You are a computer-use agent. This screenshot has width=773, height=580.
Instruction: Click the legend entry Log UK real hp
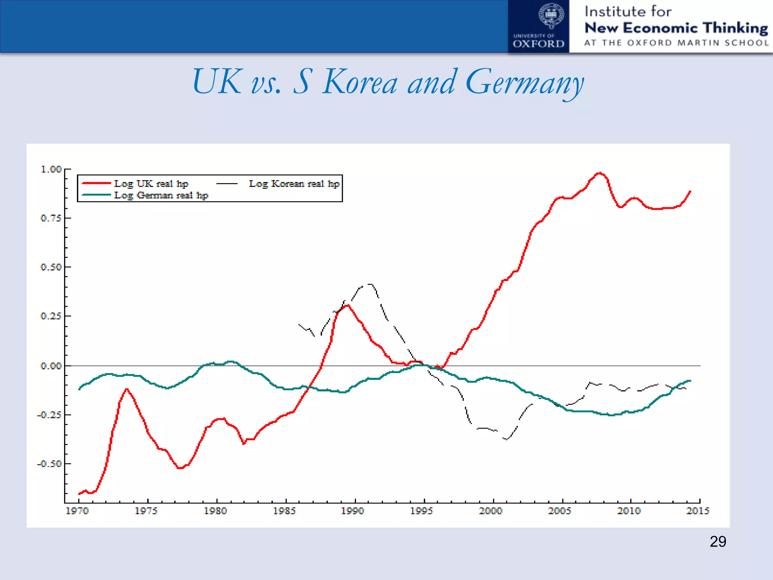pos(151,184)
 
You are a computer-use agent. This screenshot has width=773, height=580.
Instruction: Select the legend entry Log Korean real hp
pos(294,184)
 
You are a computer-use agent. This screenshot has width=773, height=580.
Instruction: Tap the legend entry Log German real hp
pos(161,195)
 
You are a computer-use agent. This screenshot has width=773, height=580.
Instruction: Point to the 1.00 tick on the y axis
pos(51,169)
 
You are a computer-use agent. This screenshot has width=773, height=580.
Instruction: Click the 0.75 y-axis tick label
pos(51,218)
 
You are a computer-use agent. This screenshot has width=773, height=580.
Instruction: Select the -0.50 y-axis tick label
pos(49,464)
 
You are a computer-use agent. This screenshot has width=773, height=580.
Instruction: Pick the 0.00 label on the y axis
pos(51,366)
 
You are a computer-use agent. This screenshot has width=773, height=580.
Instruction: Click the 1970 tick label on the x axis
pos(77,511)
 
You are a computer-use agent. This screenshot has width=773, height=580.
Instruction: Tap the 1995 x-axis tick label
pos(422,511)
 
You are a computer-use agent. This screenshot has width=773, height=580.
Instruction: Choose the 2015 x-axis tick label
pos(698,511)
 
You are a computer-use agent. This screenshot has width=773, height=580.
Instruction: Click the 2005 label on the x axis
pos(560,511)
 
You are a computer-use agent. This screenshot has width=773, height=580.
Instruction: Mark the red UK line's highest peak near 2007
pos(599,173)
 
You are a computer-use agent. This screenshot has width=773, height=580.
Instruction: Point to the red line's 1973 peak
pos(126,389)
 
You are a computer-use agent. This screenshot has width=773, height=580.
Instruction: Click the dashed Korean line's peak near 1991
pos(370,284)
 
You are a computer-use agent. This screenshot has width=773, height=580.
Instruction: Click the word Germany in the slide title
pos(525,83)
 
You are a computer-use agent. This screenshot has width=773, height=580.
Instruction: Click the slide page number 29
pos(718,541)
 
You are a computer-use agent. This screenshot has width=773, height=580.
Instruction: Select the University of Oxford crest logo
pos(551,16)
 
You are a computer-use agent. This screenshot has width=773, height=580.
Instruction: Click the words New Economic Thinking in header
pos(676,28)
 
